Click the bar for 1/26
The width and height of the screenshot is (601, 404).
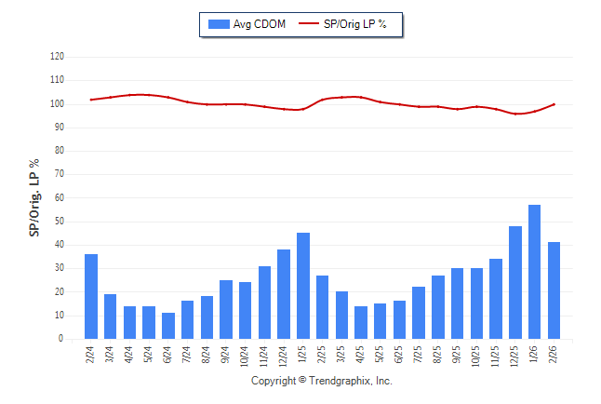535,272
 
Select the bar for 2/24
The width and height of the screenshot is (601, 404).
91,296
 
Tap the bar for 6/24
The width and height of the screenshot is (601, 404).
168,326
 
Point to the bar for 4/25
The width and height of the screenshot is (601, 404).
361,322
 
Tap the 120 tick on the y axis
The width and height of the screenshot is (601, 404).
58,57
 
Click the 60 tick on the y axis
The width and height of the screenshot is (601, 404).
60,198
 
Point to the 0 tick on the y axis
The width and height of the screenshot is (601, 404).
61,339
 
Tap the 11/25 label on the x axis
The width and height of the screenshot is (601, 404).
497,357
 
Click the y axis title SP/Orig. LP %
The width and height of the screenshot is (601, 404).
34,197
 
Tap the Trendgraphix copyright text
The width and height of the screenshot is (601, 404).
322,381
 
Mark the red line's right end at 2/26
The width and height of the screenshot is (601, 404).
554,104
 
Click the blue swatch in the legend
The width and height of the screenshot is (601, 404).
220,23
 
